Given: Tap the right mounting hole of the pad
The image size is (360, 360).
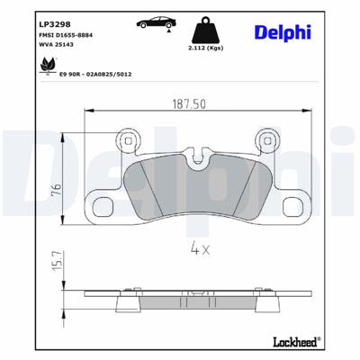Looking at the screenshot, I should (x=266, y=140).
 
